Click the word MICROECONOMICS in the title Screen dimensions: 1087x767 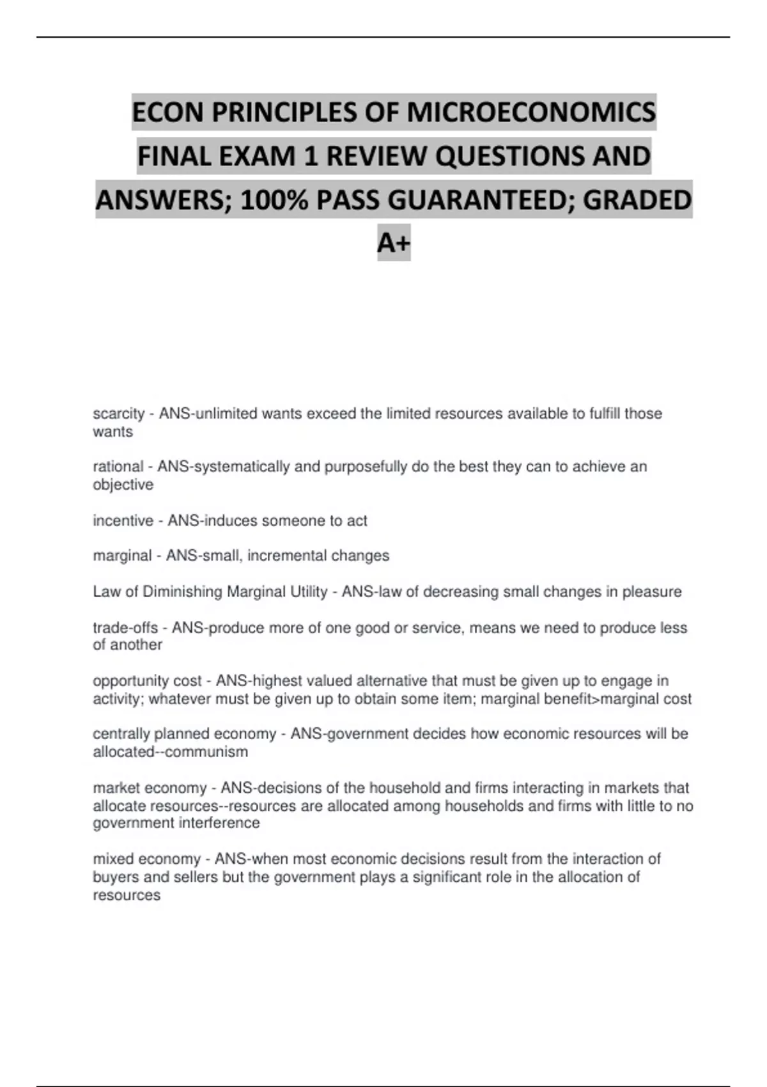coord(531,113)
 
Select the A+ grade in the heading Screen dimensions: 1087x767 coord(394,243)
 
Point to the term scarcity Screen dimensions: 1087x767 coord(118,414)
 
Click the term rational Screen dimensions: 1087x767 coord(118,467)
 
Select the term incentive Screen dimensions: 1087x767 coord(123,521)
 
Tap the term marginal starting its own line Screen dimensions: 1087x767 coord(122,556)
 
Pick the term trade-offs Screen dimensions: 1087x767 coord(125,628)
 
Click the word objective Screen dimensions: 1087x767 coord(123,485)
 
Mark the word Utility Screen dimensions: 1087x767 coord(309,592)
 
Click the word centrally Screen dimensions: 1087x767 coord(121,734)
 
